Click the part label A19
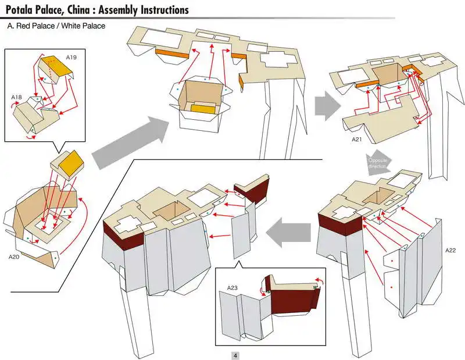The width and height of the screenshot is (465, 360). [71, 58]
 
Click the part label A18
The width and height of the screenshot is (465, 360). [17, 97]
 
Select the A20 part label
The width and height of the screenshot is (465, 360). [15, 256]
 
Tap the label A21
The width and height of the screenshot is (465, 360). [357, 140]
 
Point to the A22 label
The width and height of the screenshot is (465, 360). [450, 250]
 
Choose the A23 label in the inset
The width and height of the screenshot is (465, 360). [233, 288]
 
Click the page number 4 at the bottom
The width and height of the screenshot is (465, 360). [235, 355]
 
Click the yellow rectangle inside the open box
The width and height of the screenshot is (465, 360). [202, 109]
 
